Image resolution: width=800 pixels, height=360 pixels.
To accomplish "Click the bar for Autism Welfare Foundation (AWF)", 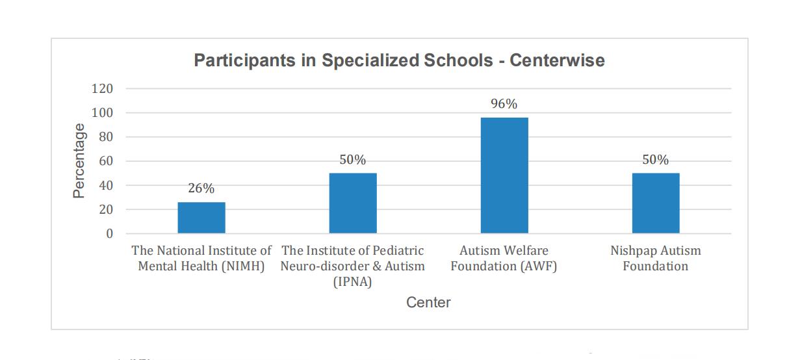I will pyautogui.click(x=504, y=175).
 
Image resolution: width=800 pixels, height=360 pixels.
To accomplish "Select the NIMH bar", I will pyautogui.click(x=201, y=218).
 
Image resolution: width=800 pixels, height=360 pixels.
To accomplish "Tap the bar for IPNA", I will pyautogui.click(x=353, y=203).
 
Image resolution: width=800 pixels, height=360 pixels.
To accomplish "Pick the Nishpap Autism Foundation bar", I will pyautogui.click(x=656, y=203).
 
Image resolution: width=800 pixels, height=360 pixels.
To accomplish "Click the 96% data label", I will pyautogui.click(x=504, y=104).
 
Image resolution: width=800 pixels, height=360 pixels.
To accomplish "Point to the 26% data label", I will pyautogui.click(x=201, y=188).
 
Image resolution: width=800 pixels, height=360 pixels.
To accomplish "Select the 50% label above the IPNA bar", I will pyautogui.click(x=353, y=160).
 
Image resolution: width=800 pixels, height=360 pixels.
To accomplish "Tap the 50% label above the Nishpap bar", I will pyautogui.click(x=656, y=160).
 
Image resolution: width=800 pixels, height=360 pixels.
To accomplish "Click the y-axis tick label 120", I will pyautogui.click(x=102, y=88).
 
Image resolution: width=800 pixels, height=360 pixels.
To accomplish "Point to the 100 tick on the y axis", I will pyautogui.click(x=102, y=113).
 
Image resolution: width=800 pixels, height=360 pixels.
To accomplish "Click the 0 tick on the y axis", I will pyautogui.click(x=109, y=234).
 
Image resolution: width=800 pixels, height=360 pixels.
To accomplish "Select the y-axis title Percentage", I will pyautogui.click(x=79, y=161).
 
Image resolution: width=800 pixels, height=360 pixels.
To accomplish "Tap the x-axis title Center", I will pyautogui.click(x=428, y=302).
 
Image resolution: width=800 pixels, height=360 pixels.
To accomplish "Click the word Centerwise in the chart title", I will pyautogui.click(x=557, y=61).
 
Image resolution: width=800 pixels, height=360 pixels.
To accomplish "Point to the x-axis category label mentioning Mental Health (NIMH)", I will pyautogui.click(x=201, y=266).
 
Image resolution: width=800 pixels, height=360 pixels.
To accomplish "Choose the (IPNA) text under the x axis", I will pyautogui.click(x=352, y=282).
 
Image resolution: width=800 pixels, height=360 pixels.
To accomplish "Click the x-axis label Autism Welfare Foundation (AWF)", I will pyautogui.click(x=504, y=259).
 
